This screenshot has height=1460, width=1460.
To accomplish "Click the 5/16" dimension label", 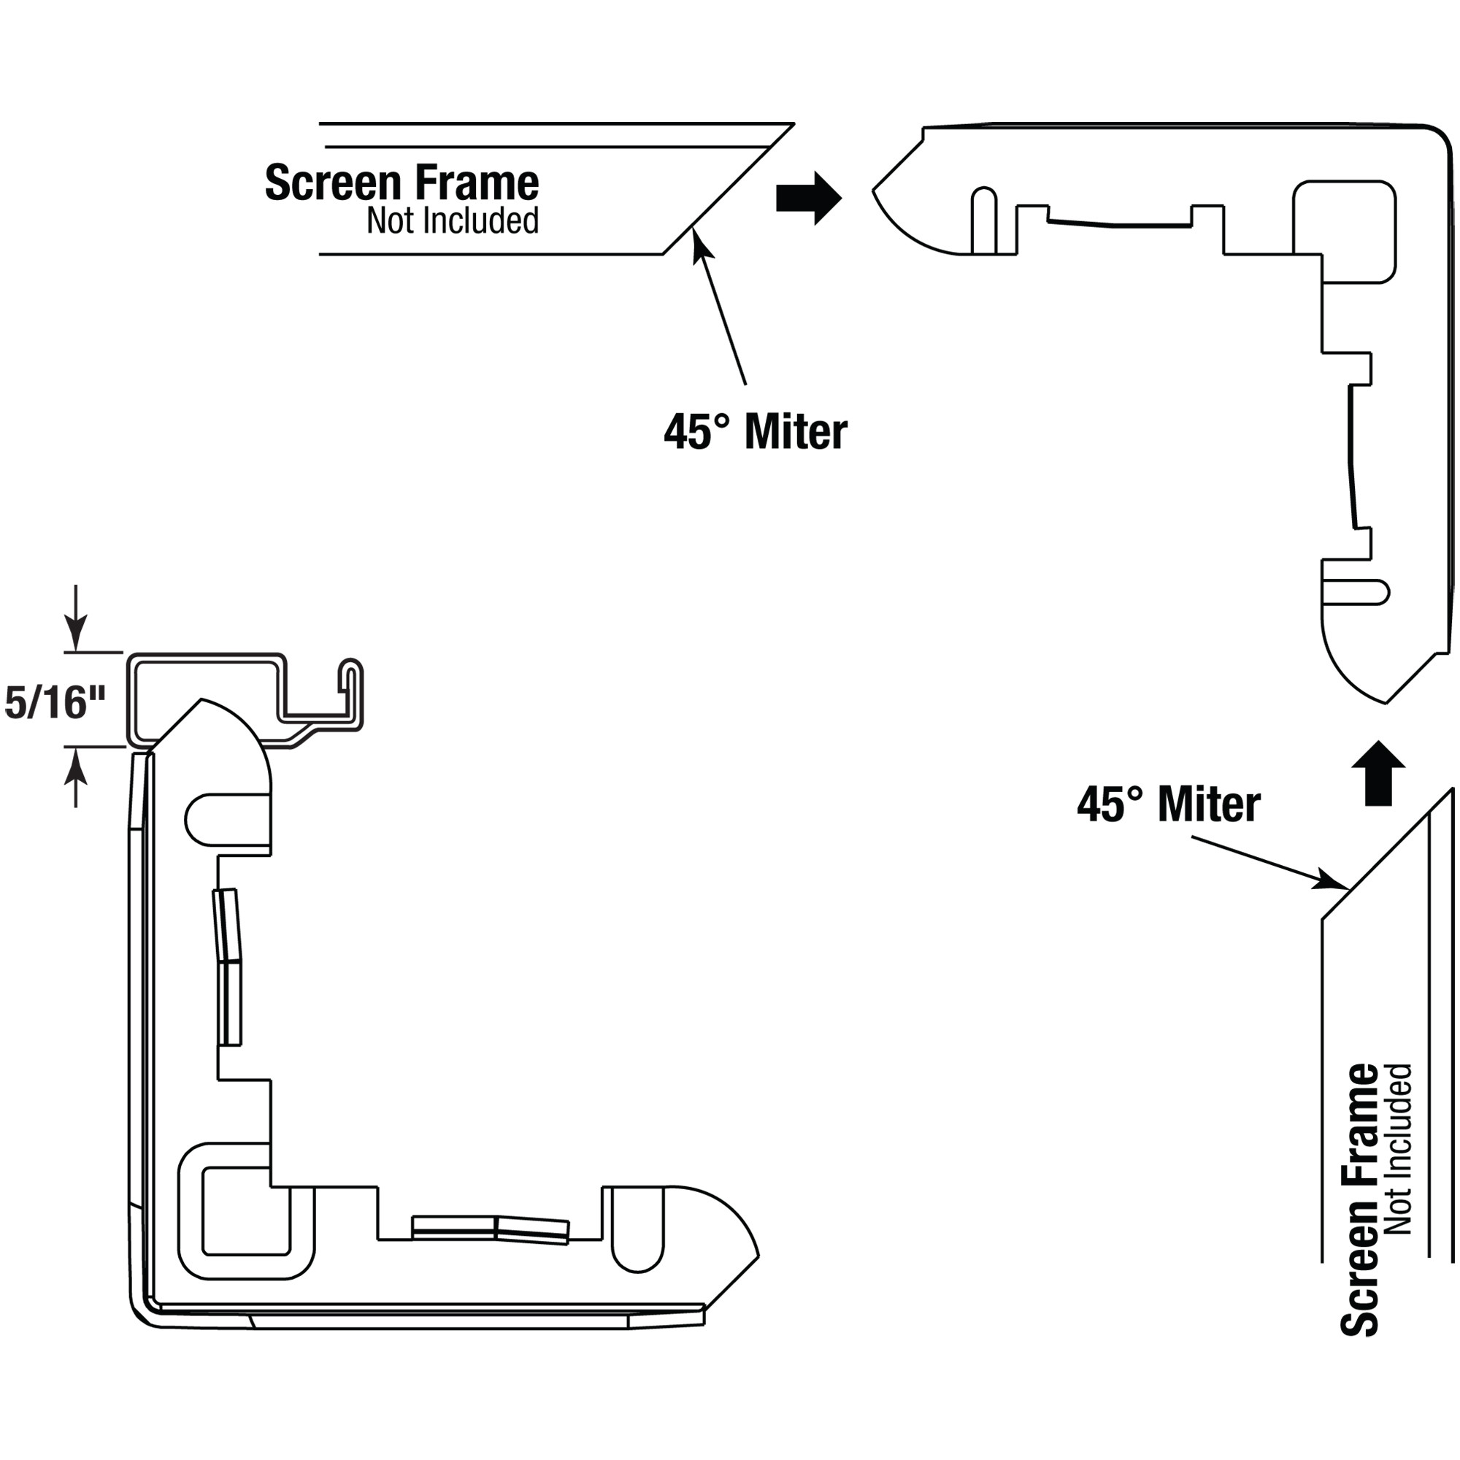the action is [55, 703].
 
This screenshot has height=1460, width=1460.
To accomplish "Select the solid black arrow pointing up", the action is [1379, 773].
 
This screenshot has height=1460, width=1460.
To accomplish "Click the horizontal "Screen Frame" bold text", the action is [402, 183].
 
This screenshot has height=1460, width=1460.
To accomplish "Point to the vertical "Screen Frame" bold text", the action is [1359, 1200].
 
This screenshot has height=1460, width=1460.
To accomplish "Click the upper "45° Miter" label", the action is [756, 431].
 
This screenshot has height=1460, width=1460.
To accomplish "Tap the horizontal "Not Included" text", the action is [453, 220].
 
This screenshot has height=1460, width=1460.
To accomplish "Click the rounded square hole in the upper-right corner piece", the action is [1345, 231].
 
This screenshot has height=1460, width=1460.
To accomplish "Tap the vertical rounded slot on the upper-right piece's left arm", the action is [983, 220].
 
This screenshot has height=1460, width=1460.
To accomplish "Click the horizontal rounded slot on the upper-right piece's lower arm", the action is [1356, 593].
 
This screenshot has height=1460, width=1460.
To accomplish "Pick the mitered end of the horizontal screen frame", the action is [729, 189].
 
